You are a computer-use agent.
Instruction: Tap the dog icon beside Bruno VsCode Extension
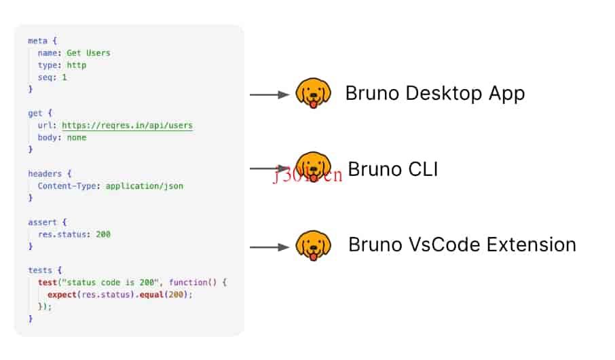313,245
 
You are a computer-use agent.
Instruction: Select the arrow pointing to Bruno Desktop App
269,95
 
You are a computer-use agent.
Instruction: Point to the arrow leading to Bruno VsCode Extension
269,247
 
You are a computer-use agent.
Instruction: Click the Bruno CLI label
392,168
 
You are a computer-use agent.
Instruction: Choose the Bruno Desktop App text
434,92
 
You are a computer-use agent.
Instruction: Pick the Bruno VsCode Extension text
462,245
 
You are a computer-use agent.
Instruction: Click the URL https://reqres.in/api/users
127,125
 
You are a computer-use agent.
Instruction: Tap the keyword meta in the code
38,41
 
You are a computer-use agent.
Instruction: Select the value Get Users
88,53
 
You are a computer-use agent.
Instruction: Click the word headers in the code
45,174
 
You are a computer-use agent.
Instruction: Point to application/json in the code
145,186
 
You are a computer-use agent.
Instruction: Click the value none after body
77,137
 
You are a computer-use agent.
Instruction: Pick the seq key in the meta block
45,77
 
